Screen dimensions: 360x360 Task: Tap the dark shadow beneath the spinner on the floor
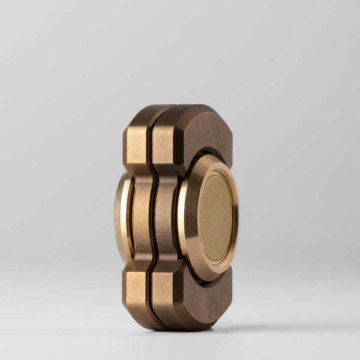198,332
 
